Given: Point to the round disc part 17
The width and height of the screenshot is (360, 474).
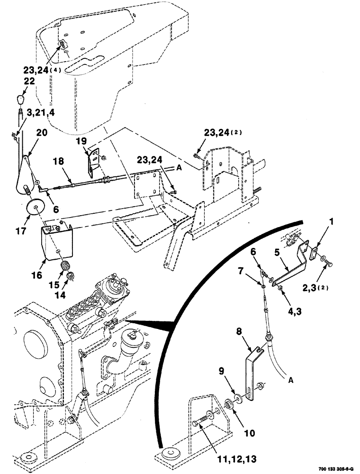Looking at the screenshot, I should (34, 206).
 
